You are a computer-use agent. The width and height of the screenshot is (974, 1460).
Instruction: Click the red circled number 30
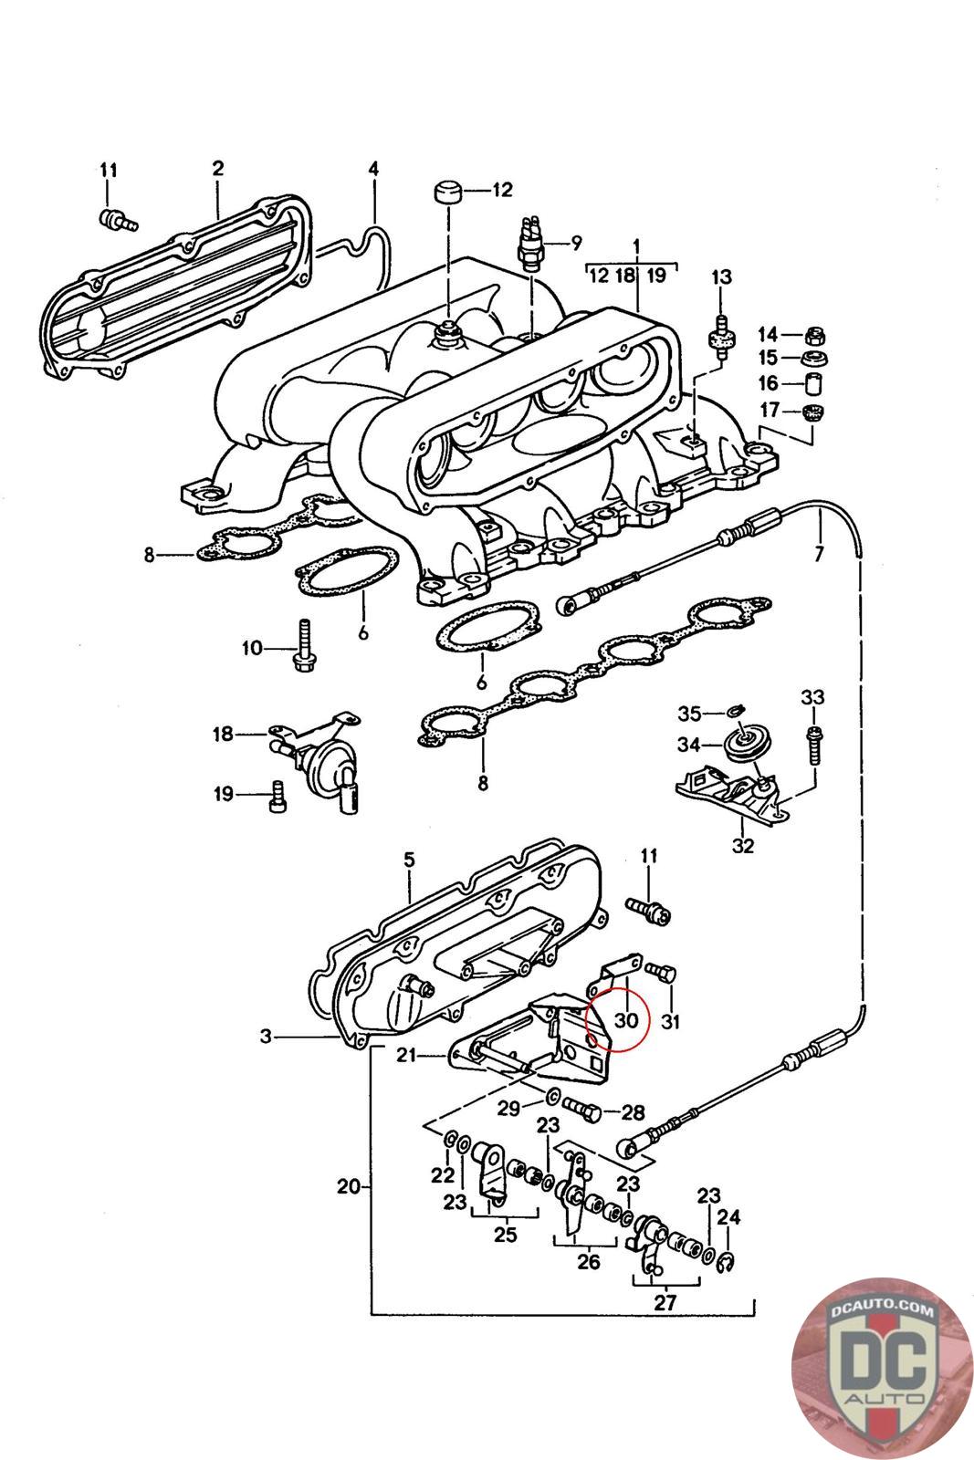(x=625, y=1019)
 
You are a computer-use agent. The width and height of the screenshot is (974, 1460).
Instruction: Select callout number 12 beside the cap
(x=503, y=191)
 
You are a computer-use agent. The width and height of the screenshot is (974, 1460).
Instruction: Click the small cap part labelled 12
(x=447, y=194)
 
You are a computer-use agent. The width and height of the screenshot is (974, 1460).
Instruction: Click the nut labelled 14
(x=815, y=335)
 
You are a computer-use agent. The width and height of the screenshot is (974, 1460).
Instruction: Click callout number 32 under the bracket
(x=744, y=845)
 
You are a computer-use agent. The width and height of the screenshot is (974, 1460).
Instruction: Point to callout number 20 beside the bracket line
(x=348, y=1187)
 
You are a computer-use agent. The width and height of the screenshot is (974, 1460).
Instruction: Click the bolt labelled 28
(x=585, y=1110)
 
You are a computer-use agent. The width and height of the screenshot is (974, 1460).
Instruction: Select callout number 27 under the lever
(x=665, y=1302)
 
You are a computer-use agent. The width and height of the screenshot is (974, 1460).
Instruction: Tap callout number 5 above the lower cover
(x=409, y=860)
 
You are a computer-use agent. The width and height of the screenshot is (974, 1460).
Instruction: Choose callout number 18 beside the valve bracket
(x=224, y=734)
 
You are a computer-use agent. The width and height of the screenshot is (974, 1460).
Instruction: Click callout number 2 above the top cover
(x=218, y=168)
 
